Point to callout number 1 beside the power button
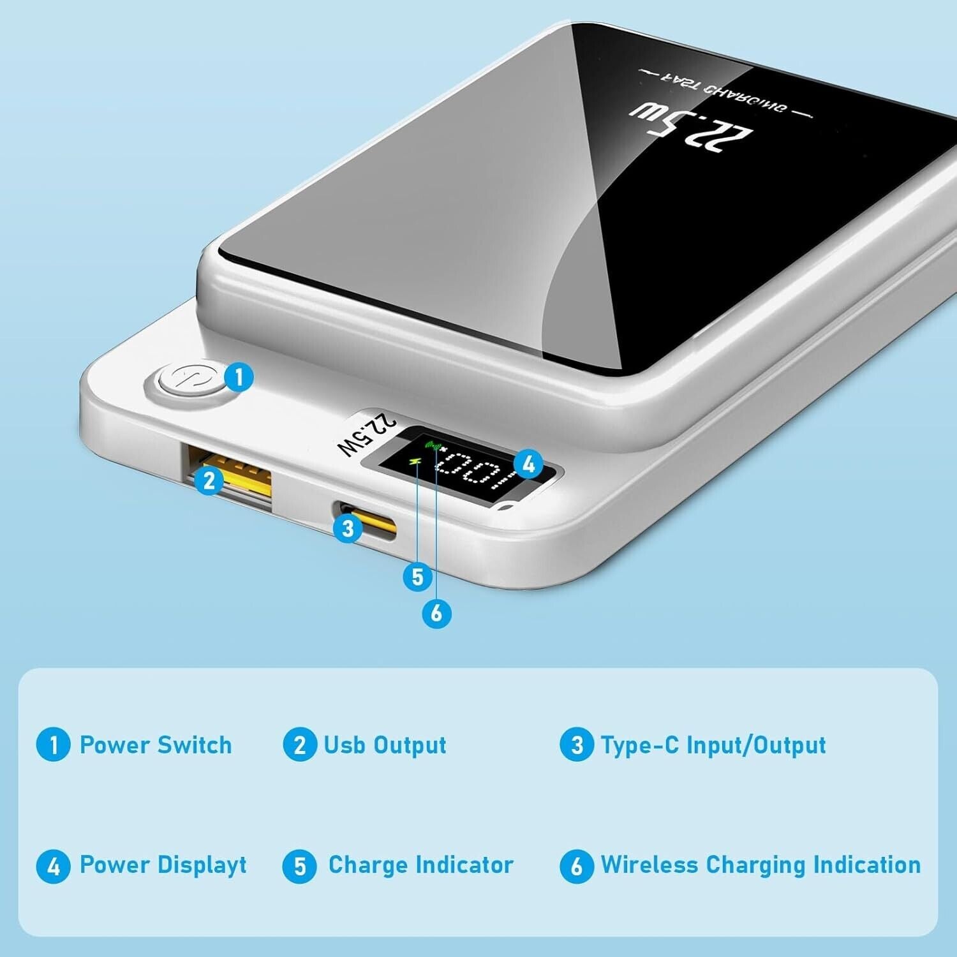[239, 376]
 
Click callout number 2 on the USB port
[209, 480]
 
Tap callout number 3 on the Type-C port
[348, 528]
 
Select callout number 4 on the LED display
[528, 464]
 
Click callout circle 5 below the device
[418, 577]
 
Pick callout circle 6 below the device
[436, 612]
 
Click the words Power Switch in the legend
[156, 745]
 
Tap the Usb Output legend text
[385, 745]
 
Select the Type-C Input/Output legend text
[713, 745]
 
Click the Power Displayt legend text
[163, 865]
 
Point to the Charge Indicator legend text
[420, 864]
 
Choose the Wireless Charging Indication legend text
[760, 865]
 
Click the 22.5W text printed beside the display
[366, 435]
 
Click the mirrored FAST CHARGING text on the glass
[726, 94]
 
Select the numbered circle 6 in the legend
[576, 866]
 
